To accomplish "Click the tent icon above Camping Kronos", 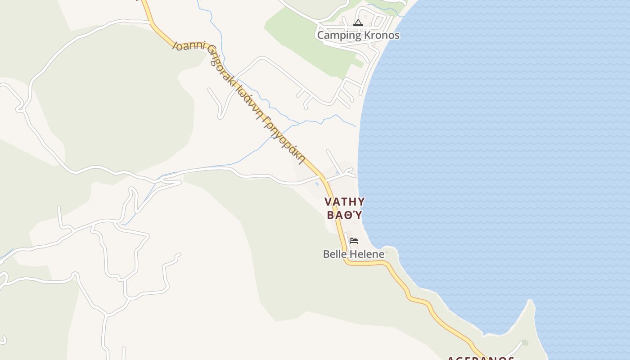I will point(358,22).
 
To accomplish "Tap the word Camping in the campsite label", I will point(339,35).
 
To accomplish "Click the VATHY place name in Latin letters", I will point(345,201).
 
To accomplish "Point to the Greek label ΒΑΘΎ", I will point(345,215).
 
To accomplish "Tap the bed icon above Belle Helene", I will point(354,241).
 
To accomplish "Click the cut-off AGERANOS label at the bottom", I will point(481,358).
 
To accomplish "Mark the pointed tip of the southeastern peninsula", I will point(531,301).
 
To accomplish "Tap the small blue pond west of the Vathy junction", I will point(317,184).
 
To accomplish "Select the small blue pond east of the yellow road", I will point(337,172).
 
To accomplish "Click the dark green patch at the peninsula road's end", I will point(525,343).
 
